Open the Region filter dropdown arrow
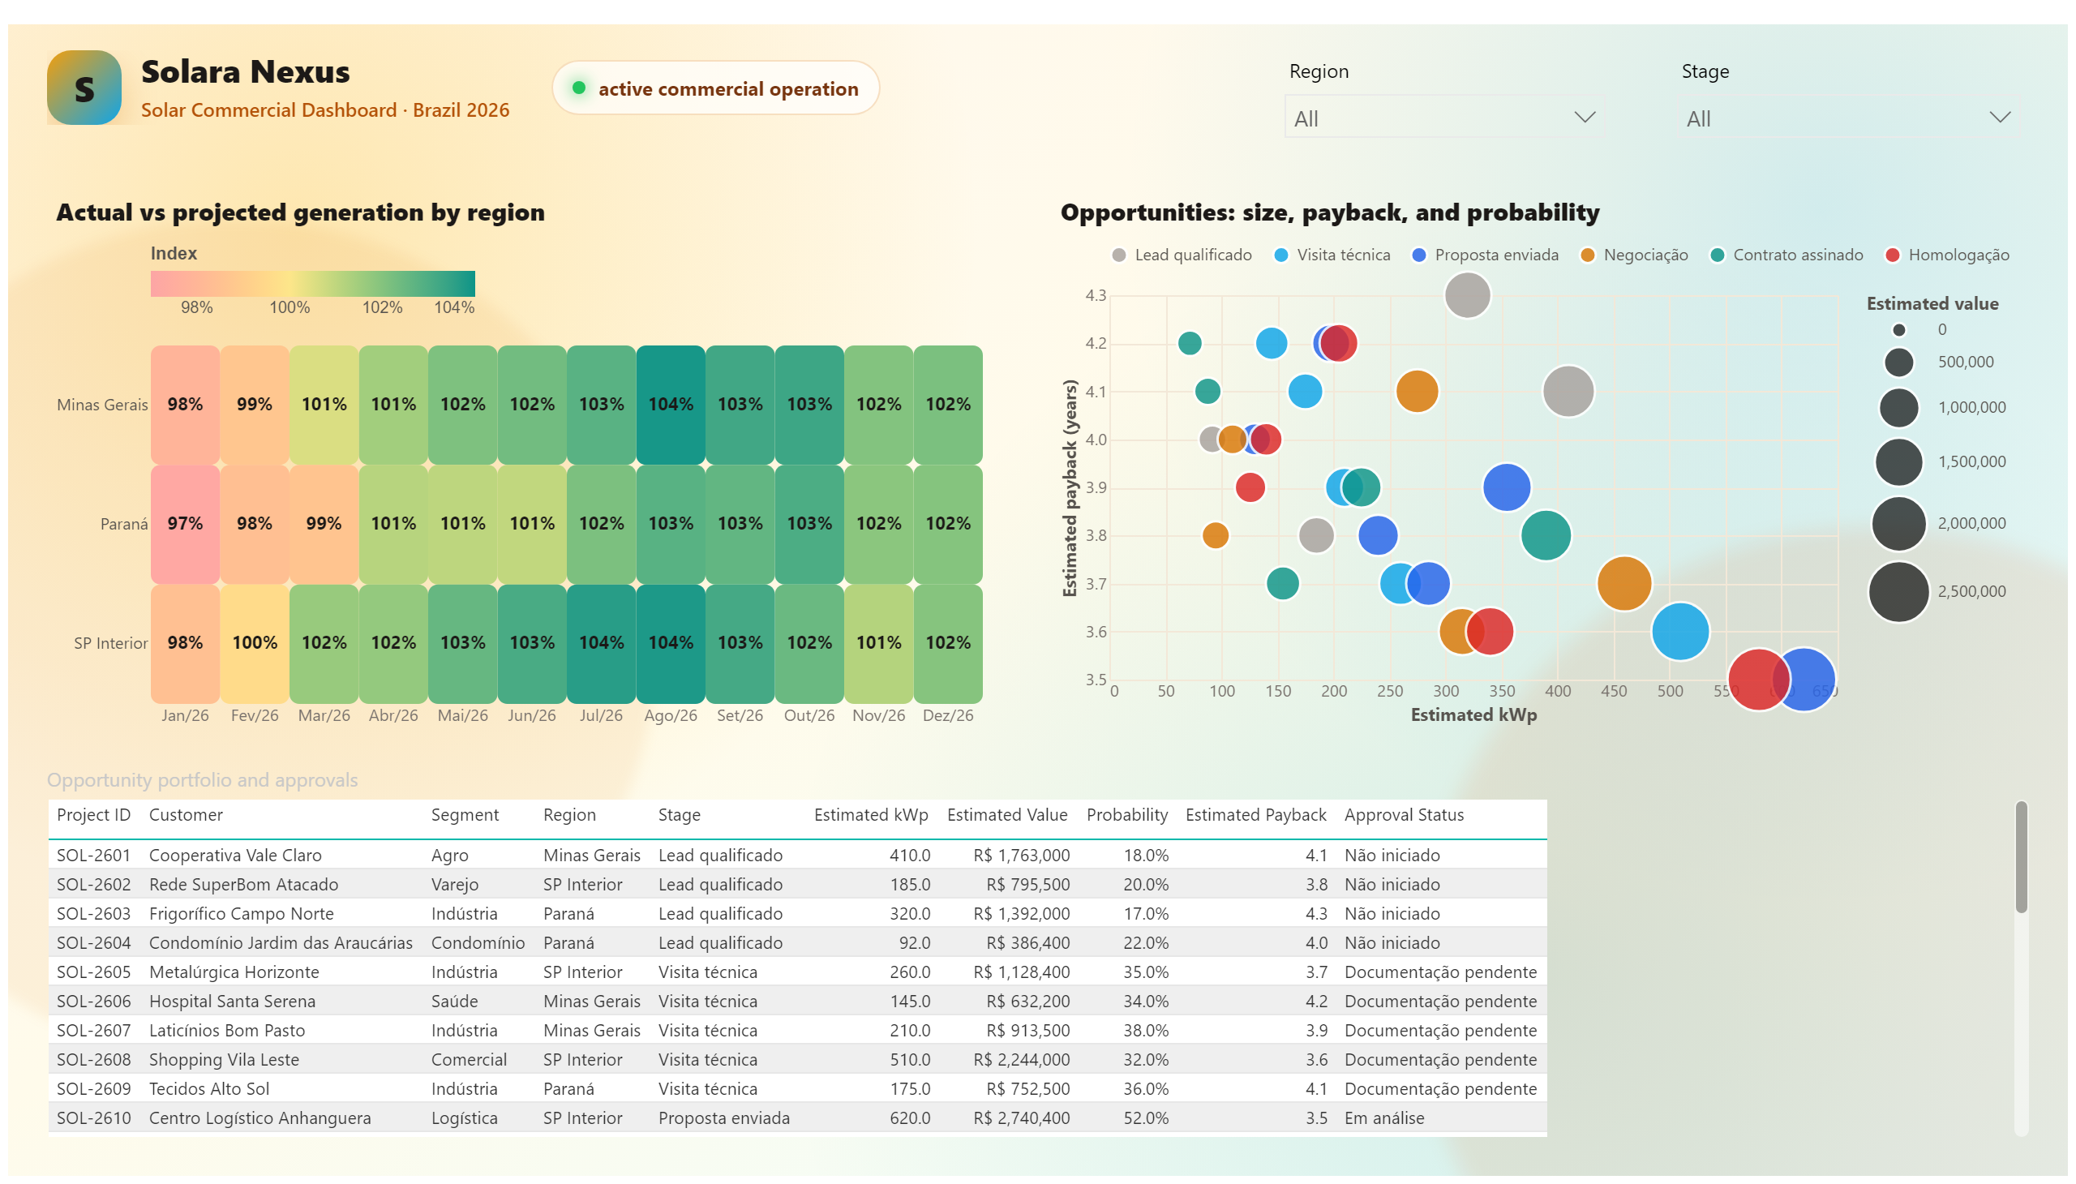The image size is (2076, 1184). point(1584,118)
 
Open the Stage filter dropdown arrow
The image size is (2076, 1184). point(2000,118)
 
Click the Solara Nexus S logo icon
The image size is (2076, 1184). point(84,88)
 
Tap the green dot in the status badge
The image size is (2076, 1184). point(579,88)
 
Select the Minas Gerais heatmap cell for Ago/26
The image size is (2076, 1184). point(671,404)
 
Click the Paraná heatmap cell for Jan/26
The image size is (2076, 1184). point(186,524)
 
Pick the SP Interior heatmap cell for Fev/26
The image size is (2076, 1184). point(255,643)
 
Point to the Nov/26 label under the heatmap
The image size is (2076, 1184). point(878,715)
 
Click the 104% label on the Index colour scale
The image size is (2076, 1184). point(454,307)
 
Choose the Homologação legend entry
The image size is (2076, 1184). point(1948,255)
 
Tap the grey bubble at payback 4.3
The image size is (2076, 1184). point(1467,294)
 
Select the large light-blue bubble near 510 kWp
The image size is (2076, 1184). point(1680,631)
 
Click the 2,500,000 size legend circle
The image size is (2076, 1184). point(1898,592)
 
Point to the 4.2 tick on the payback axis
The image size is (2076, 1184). point(1096,343)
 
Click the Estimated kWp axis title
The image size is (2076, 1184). point(1473,715)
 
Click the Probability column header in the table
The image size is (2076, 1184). point(1127,815)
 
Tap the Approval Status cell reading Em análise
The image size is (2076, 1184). point(1384,1118)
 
